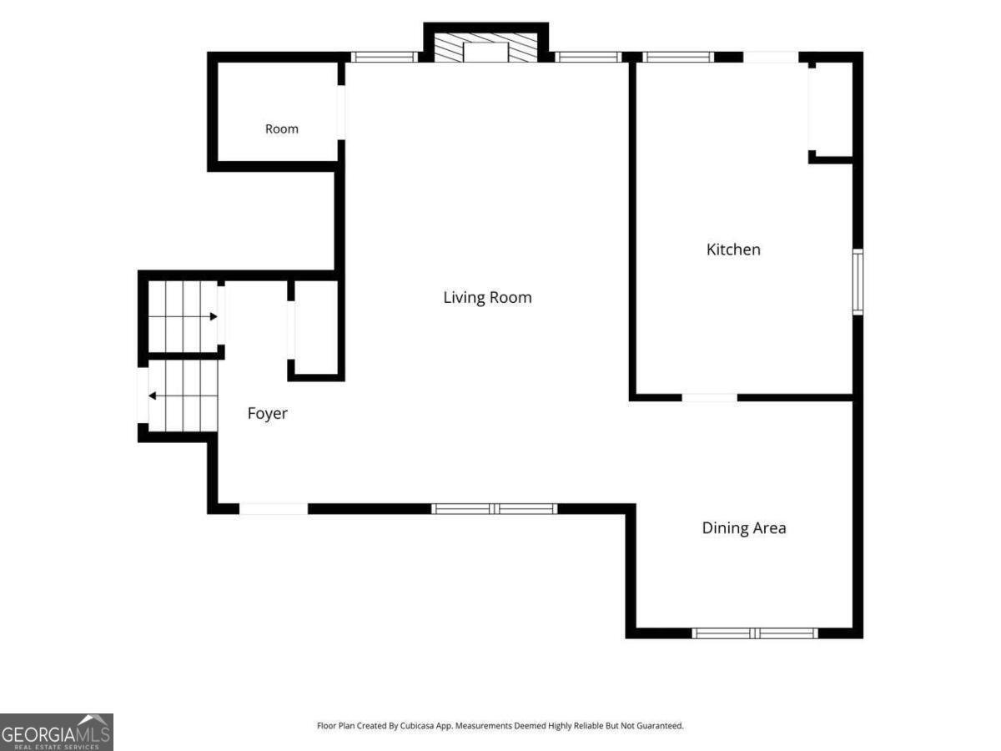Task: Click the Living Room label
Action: [x=487, y=297]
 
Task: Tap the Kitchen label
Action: [x=733, y=249]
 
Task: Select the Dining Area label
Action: [x=744, y=528]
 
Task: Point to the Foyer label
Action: [x=267, y=414]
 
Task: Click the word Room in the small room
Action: [x=282, y=129]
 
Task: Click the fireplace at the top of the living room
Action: [x=485, y=48]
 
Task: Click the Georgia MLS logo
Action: [x=57, y=733]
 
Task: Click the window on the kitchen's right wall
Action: [x=858, y=282]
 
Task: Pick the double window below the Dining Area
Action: [x=755, y=633]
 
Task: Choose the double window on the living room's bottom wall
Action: [x=495, y=509]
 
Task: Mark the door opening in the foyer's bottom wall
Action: [x=274, y=509]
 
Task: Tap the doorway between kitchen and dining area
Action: [x=710, y=398]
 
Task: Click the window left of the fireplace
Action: [x=384, y=57]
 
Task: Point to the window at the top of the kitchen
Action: [x=678, y=57]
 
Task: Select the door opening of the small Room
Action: [x=341, y=113]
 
